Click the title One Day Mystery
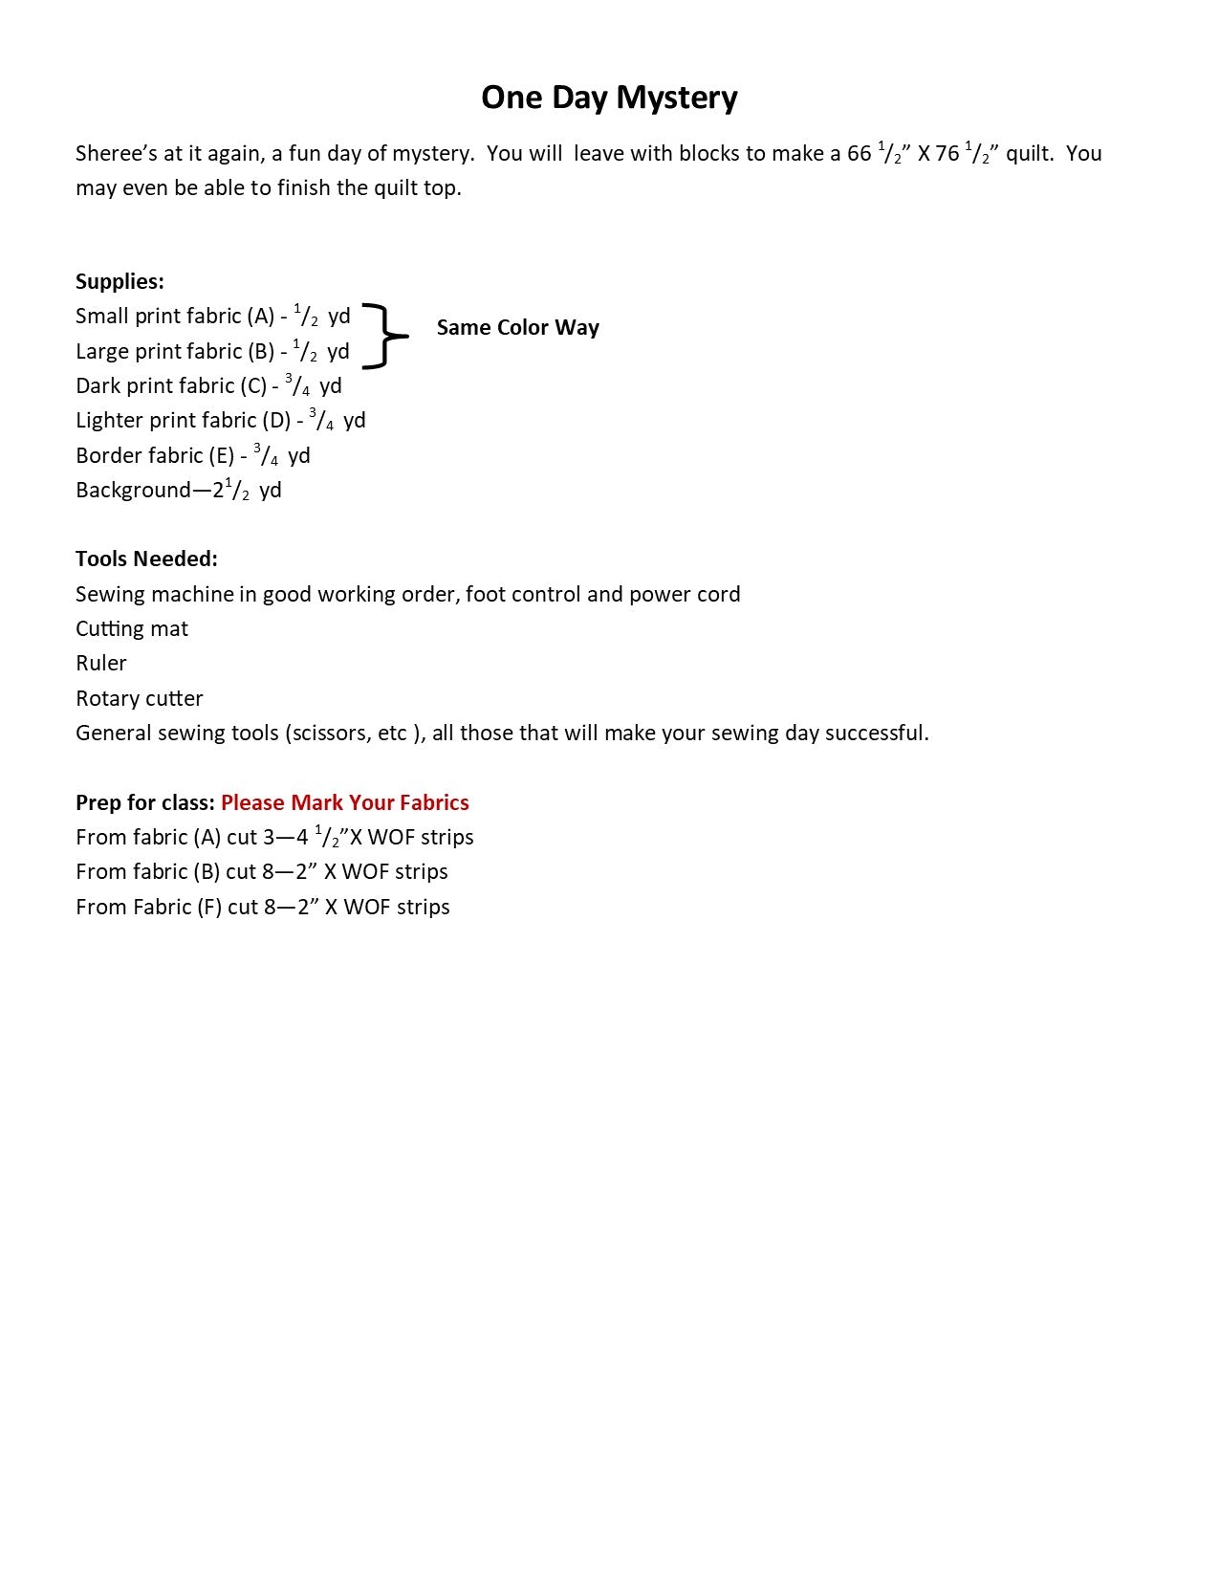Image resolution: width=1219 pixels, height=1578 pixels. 609,98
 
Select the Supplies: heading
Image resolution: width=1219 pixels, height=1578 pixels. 120,282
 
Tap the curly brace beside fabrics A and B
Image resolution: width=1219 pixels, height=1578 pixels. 385,336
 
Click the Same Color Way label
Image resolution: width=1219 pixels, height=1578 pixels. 517,328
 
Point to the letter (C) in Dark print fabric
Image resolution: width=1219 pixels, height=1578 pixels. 253,386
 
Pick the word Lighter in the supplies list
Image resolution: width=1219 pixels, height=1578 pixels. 107,421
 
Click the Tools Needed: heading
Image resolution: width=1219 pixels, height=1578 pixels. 146,559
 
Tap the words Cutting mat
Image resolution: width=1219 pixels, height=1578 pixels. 132,629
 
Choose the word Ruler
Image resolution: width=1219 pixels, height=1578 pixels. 100,664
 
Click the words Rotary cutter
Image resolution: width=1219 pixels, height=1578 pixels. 139,699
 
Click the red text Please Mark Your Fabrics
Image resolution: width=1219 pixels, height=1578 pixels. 345,803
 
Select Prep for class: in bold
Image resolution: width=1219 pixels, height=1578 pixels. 145,803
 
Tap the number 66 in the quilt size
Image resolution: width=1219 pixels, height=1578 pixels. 860,154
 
